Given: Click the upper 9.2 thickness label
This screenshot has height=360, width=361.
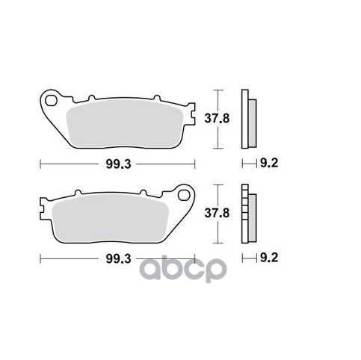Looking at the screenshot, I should click(x=269, y=163).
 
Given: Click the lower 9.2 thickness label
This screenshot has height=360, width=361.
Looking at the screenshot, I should click(x=269, y=259).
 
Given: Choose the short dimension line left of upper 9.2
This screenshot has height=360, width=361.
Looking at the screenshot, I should click(x=247, y=163).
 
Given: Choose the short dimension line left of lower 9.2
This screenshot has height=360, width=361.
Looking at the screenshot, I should click(x=247, y=259).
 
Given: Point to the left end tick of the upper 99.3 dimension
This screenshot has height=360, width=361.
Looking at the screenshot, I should click(x=39, y=163).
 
